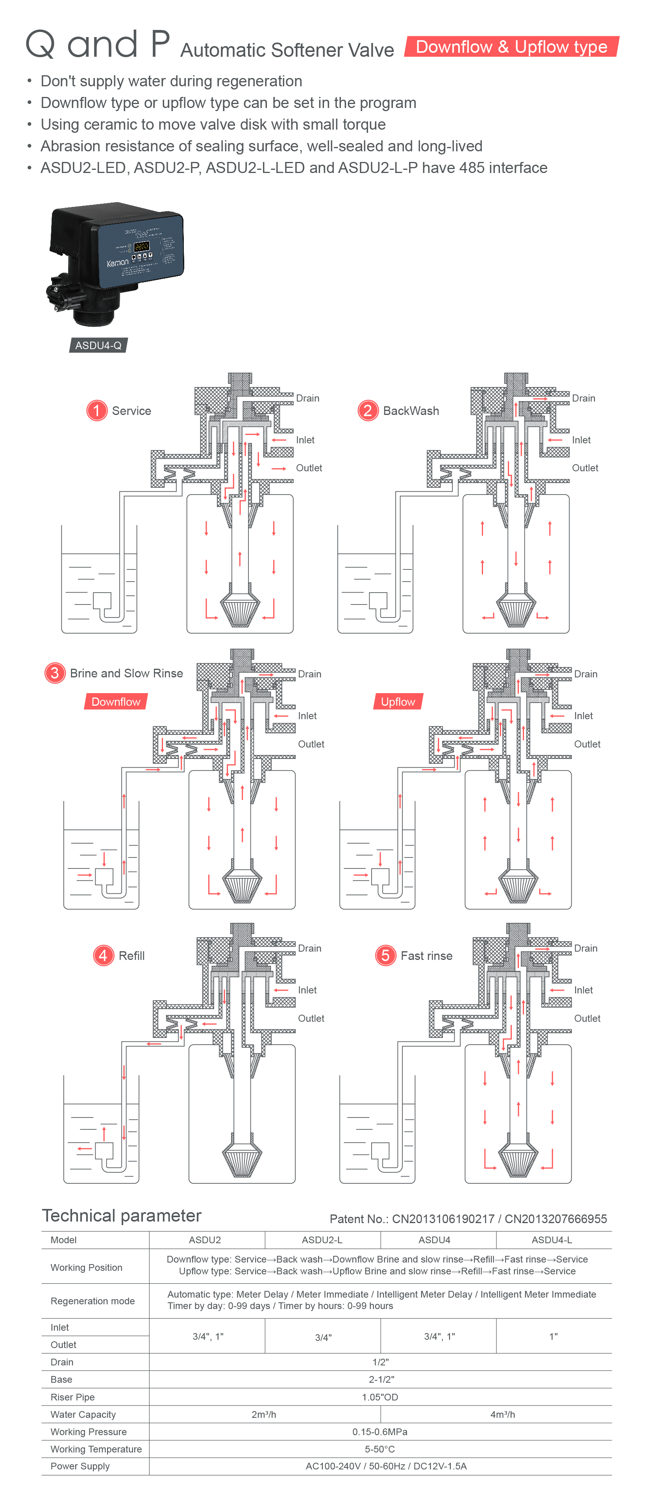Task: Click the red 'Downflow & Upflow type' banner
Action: coord(511,47)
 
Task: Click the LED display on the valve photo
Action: coord(141,246)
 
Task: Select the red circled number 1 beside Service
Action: coord(97,410)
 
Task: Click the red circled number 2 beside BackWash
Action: coord(367,410)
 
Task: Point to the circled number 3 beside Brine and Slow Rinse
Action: coord(54,673)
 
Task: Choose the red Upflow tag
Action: coord(398,702)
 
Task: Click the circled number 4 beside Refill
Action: coord(103,956)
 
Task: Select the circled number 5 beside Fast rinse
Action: coord(385,956)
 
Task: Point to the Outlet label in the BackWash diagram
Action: coord(585,468)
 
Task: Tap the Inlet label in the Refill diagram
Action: coord(307,990)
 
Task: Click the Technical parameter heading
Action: coord(121,1216)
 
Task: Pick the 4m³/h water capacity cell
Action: coord(502,1415)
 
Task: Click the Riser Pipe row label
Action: coord(73,1397)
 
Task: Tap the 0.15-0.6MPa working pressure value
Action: coord(380,1432)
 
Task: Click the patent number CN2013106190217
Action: coord(443,1219)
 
